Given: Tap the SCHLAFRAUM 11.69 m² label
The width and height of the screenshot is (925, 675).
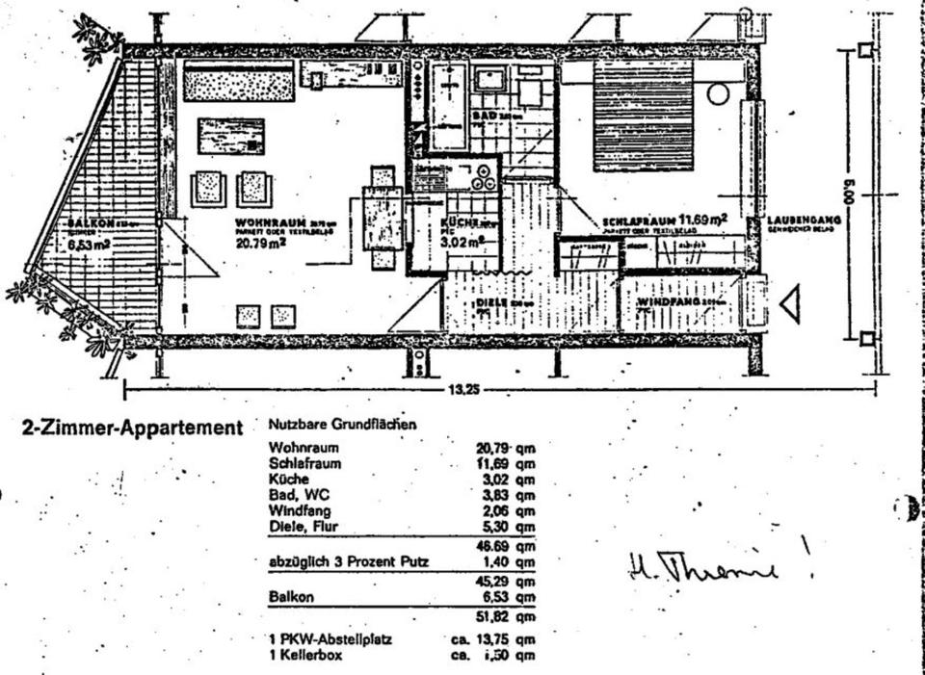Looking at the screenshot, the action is pyautogui.click(x=664, y=220).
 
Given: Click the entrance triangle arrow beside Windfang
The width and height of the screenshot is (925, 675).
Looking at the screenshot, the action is pyautogui.click(x=791, y=305).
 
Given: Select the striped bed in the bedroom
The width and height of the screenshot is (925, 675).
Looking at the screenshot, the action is pyautogui.click(x=643, y=115).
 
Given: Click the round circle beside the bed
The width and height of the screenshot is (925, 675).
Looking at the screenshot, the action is pyautogui.click(x=718, y=93).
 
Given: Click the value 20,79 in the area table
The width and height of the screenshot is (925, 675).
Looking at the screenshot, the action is pyautogui.click(x=493, y=448).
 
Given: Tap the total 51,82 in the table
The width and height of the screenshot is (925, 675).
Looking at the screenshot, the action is pyautogui.click(x=493, y=616).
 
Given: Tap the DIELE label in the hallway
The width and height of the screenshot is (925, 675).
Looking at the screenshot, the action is pyautogui.click(x=493, y=303).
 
